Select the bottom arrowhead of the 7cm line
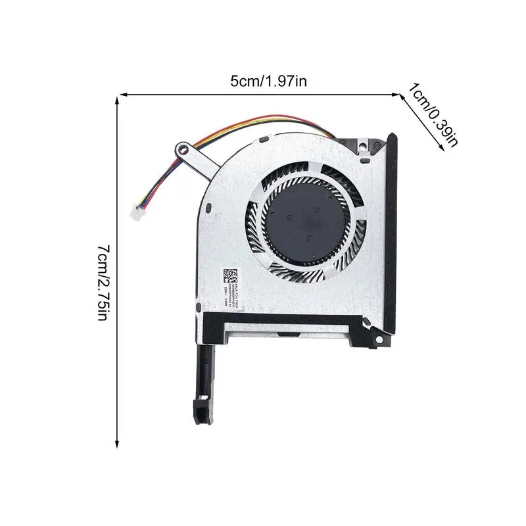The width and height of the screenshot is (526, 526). (117, 441)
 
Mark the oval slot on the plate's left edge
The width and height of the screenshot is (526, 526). (207, 210)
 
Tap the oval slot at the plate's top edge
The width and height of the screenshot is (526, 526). (263, 140)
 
